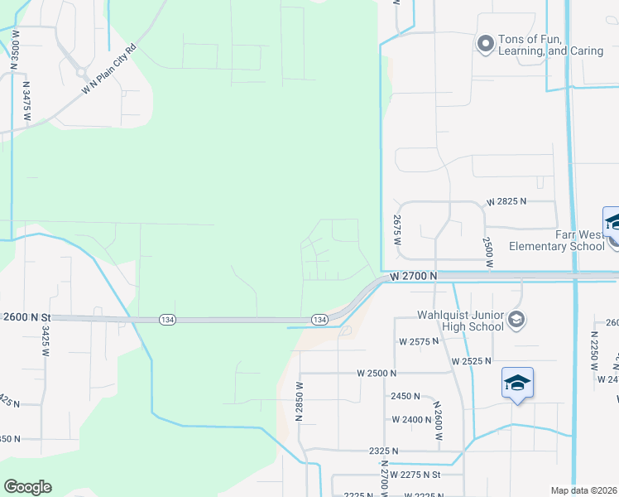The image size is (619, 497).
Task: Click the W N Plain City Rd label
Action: click(x=107, y=77)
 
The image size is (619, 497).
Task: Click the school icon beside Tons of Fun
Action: click(x=485, y=44)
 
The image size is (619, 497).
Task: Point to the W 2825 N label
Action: click(x=507, y=202)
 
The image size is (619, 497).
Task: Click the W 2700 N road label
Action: click(x=413, y=274)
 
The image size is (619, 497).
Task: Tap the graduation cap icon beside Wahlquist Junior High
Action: click(x=516, y=319)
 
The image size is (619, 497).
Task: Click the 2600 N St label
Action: click(x=26, y=317)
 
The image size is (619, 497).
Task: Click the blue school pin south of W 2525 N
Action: click(x=517, y=384)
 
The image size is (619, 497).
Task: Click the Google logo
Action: click(x=27, y=487)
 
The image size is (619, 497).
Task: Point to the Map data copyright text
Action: click(x=583, y=490)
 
